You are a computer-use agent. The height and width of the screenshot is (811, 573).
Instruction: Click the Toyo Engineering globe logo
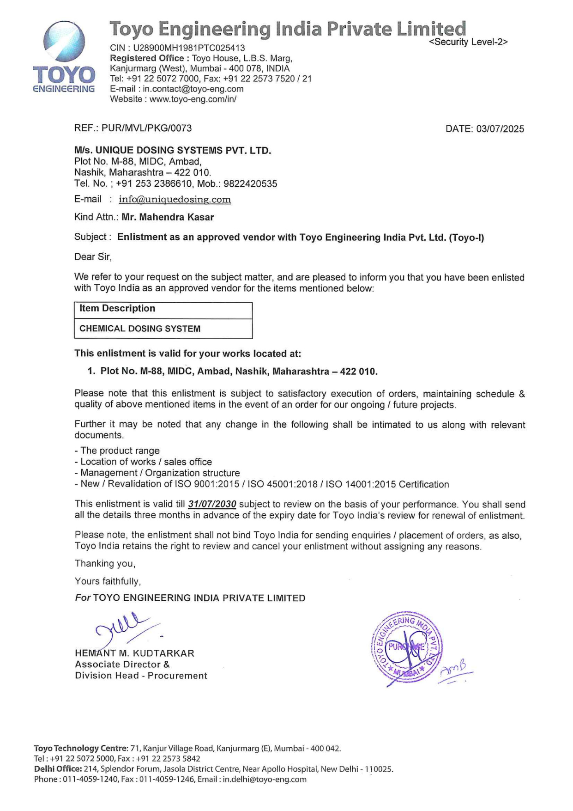64,42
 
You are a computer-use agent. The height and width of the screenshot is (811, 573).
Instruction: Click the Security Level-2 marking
468,42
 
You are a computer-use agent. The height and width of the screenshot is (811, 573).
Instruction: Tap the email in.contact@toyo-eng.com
193,89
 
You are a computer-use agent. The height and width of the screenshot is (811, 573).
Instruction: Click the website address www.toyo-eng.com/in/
193,99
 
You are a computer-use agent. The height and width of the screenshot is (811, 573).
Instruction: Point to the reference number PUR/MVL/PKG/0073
146,128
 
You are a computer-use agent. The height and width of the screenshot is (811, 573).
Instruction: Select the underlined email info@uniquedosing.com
175,200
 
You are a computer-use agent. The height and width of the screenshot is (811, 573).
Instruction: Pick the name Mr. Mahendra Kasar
168,217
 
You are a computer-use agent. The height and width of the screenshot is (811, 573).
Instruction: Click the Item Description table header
117,309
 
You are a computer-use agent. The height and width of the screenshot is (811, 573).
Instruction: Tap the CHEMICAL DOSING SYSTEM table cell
140,329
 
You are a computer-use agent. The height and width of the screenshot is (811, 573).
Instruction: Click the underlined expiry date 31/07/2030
212,504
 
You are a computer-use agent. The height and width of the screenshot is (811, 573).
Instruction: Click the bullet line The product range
120,451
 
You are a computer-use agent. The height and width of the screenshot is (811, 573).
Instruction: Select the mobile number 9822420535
250,184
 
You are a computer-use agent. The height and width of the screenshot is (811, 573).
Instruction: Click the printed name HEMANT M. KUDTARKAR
134,653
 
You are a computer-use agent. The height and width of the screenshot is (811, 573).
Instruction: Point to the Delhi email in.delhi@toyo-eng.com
265,780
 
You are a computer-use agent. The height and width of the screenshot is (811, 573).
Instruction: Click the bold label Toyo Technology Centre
80,748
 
